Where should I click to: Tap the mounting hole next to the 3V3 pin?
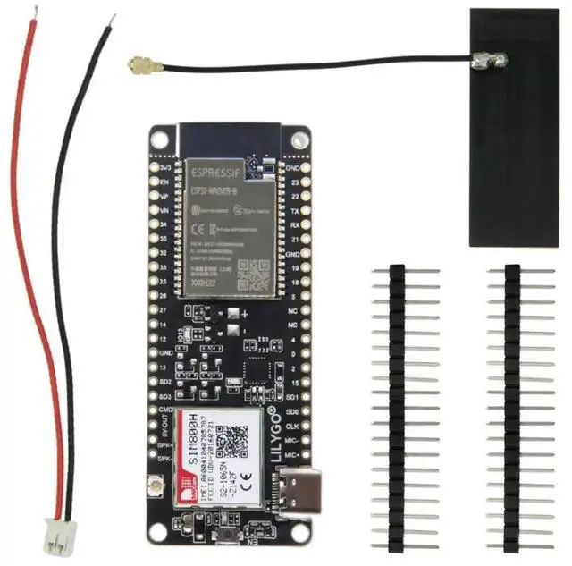pos(161,139)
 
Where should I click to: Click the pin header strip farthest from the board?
pos(512,407)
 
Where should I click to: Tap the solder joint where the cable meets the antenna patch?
pos(491,62)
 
